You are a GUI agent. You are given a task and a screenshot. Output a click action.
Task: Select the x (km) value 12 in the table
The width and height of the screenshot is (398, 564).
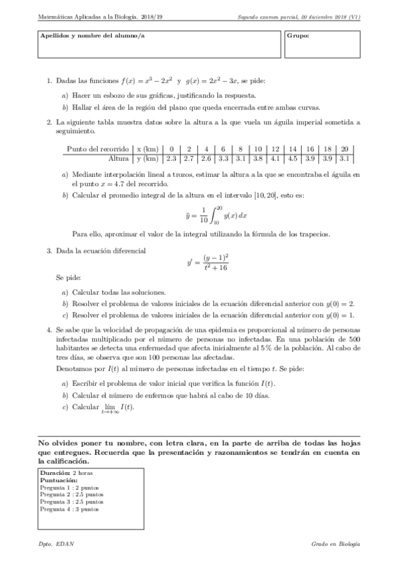coord(275,149)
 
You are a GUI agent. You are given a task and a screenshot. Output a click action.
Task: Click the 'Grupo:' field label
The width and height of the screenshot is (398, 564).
coord(298,35)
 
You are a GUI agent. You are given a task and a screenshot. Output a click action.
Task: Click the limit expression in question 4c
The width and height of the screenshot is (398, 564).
coord(117,408)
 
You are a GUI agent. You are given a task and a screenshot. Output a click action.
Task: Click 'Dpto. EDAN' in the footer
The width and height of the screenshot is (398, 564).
coord(56,544)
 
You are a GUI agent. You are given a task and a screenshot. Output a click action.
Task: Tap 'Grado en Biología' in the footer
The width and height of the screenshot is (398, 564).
coord(336,544)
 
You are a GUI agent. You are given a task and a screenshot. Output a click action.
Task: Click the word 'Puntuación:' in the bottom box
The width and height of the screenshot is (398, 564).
coord(58,480)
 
